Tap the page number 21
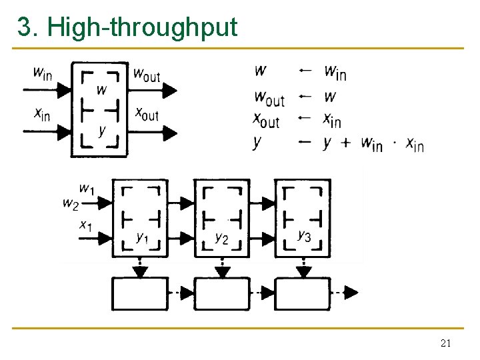point(446,344)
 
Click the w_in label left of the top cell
point(42,73)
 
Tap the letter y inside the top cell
point(101,129)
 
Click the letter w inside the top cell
point(101,89)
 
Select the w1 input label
point(87,189)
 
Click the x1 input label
point(85,226)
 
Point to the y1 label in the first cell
point(142,237)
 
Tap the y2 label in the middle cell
point(222,237)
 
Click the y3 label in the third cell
point(304,235)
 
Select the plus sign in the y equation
point(345,143)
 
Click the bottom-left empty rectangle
point(139,292)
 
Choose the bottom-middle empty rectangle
point(222,292)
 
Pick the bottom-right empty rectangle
point(303,292)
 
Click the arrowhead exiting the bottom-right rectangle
point(351,292)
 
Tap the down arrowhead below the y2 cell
point(222,272)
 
